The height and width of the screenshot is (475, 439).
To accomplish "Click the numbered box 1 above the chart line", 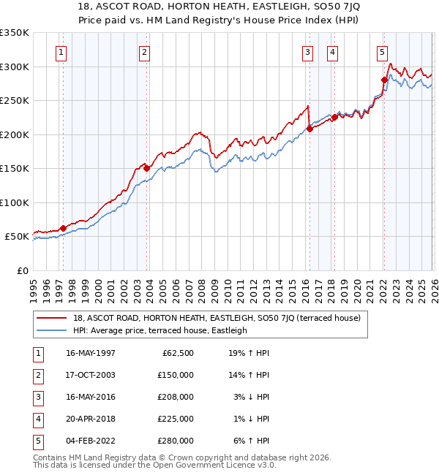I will [61, 52].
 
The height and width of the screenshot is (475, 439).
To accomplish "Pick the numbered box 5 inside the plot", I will [383, 52].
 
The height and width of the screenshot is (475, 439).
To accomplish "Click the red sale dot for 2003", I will [146, 168].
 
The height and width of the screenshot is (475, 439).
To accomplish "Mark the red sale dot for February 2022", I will [384, 80].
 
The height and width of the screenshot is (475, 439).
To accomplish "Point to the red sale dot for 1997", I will [63, 228].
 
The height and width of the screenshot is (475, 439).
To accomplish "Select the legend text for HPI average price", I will [160, 330].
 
